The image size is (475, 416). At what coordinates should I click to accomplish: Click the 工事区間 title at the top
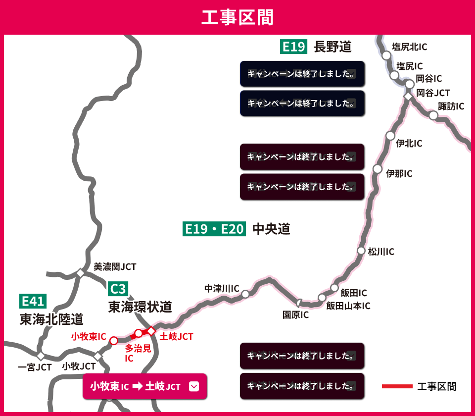pyautogui.click(x=237, y=17)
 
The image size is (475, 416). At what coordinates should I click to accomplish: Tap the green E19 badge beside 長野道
pyautogui.click(x=293, y=47)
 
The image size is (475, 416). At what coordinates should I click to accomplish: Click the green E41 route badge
pyautogui.click(x=33, y=301)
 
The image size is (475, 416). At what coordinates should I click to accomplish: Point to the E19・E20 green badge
pyautogui.click(x=214, y=229)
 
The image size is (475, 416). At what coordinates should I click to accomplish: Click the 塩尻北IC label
pyautogui.click(x=409, y=47)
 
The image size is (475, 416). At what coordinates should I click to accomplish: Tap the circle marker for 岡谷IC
pyautogui.click(x=409, y=84)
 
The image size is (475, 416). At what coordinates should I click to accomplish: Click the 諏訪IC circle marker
pyautogui.click(x=433, y=115)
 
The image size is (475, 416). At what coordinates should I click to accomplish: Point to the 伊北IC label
pyautogui.click(x=409, y=144)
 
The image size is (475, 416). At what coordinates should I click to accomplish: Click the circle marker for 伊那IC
pyautogui.click(x=378, y=169)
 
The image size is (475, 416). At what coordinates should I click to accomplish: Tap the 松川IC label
pyautogui.click(x=381, y=252)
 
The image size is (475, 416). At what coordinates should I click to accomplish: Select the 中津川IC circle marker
pyautogui.click(x=245, y=294)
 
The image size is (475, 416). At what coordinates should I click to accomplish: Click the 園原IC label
pyautogui.click(x=295, y=315)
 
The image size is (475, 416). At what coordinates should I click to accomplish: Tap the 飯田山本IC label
pyautogui.click(x=348, y=306)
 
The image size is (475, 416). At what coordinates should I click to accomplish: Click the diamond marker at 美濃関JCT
pyautogui.click(x=80, y=273)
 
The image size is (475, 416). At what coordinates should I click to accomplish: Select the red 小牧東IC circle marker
pyautogui.click(x=113, y=341)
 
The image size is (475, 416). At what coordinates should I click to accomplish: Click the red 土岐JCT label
pyautogui.click(x=176, y=337)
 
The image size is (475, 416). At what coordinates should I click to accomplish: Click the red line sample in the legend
pyautogui.click(x=397, y=386)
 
